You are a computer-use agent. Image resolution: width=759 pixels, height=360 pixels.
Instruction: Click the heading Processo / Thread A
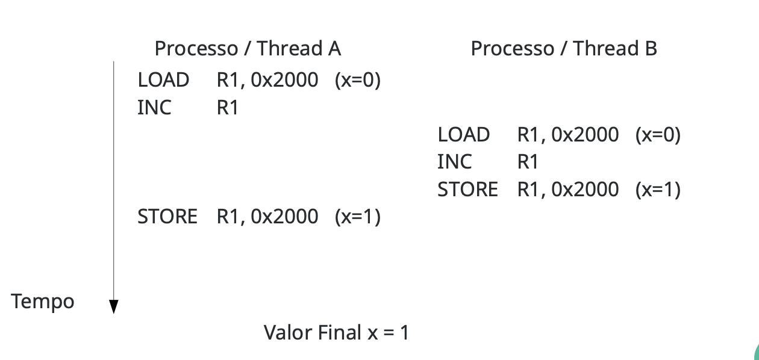(248, 49)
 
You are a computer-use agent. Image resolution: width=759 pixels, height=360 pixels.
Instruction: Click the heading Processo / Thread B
(563, 49)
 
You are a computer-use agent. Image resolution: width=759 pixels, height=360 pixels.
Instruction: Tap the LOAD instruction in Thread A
(163, 80)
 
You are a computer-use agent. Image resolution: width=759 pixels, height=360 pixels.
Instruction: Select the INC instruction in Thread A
(154, 108)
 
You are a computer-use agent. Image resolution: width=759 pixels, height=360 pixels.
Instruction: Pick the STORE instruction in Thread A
(167, 216)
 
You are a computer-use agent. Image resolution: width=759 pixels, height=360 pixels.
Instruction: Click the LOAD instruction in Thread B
(463, 135)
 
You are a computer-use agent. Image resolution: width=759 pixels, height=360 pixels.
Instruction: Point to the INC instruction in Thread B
(455, 162)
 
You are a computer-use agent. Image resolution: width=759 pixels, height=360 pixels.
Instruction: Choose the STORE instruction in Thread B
(467, 190)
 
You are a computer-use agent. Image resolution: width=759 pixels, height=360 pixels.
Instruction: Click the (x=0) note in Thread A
(358, 80)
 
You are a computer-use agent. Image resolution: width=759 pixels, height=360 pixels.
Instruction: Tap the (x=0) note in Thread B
(658, 135)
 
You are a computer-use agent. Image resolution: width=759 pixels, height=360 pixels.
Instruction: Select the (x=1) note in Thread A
(358, 216)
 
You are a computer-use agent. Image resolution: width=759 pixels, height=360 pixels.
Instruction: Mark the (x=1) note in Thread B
(658, 190)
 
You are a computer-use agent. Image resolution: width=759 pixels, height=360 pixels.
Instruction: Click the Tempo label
(43, 301)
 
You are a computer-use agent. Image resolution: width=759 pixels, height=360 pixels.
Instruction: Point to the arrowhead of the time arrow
(113, 307)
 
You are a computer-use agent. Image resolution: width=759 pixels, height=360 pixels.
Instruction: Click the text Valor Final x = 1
(336, 332)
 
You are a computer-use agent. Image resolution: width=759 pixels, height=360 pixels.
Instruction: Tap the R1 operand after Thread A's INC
(227, 108)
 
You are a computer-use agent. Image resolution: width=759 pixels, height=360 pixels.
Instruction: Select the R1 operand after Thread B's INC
(527, 162)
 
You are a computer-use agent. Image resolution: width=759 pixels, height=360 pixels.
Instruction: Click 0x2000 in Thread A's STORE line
(284, 216)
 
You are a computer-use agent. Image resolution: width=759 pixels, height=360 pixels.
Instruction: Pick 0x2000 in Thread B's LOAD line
(584, 135)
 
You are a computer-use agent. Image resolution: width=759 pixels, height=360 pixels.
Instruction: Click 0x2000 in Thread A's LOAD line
(284, 80)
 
